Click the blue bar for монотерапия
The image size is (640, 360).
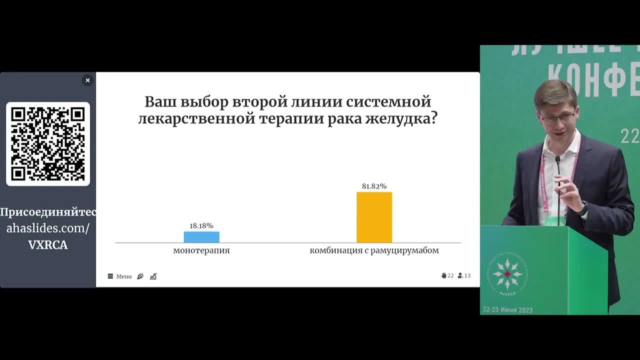[x=201, y=237]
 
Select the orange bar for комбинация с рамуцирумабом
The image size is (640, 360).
[x=374, y=217]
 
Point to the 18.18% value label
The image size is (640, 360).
[x=201, y=226]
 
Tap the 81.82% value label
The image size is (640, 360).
[x=374, y=186]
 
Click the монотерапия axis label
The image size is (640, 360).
[x=201, y=250]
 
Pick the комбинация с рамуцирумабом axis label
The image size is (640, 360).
[x=374, y=250]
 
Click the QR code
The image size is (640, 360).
[x=48, y=144]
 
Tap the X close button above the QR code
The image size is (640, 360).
[x=87, y=80]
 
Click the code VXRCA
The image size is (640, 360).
[x=48, y=245]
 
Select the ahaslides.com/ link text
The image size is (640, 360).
[x=48, y=228]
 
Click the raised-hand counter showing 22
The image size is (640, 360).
[x=447, y=275]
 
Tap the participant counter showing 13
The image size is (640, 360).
[x=464, y=275]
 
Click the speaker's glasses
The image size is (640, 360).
[x=557, y=118]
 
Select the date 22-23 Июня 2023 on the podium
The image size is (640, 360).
[x=507, y=310]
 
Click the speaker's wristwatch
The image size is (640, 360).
[x=583, y=209]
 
